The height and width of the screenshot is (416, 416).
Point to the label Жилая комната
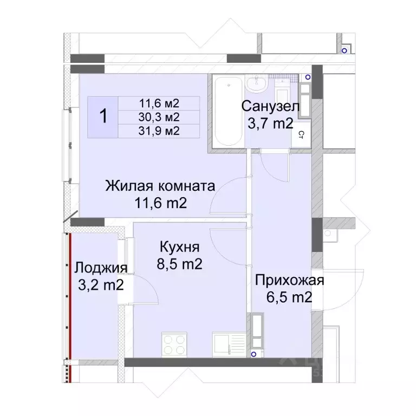coord(160,186)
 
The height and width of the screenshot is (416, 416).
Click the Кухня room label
coord(180,248)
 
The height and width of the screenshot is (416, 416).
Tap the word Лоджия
coord(101,268)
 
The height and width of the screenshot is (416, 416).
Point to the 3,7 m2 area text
coord(270,123)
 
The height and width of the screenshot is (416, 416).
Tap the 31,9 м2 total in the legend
coord(159,131)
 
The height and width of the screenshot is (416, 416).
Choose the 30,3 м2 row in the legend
coord(159,116)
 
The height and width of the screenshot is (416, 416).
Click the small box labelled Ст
coord(301,134)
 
